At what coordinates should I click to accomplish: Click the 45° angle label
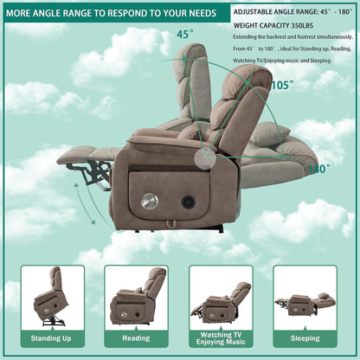pos(184,35)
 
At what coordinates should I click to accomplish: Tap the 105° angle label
pos(281,85)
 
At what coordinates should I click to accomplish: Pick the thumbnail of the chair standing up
pos(53,298)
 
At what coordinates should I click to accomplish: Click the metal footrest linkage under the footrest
pos(95,174)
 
